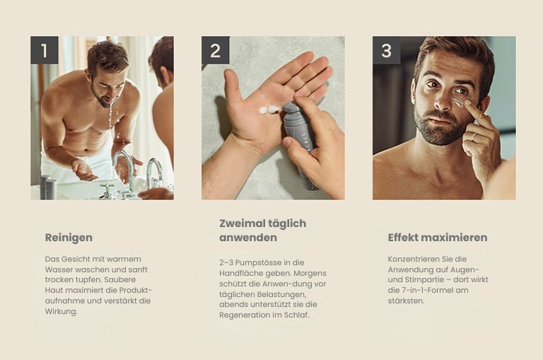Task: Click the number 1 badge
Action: (45, 50)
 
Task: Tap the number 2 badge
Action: (216, 50)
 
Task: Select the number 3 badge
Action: (387, 50)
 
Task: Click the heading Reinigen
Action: (69, 238)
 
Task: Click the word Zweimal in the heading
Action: (241, 223)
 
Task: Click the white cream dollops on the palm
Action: (270, 110)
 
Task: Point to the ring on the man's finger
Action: (473, 137)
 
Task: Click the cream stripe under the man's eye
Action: (458, 103)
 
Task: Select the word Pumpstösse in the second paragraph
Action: (258, 262)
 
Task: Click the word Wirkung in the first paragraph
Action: (60, 311)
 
